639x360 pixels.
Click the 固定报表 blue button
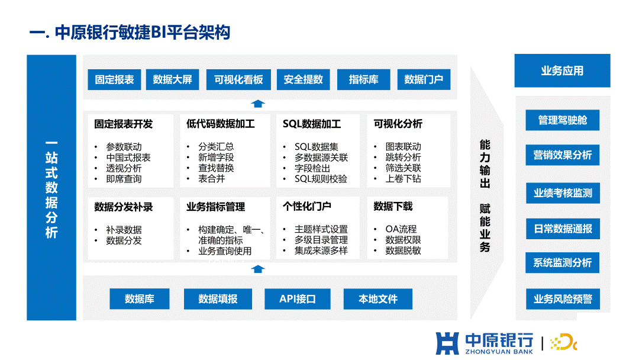pyautogui.click(x=114, y=79)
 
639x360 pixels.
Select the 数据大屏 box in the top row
pyautogui.click(x=172, y=79)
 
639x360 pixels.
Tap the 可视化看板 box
pyautogui.click(x=238, y=79)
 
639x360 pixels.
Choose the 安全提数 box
pyautogui.click(x=303, y=79)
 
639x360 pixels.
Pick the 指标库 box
pyautogui.click(x=363, y=79)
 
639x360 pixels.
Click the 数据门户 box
pyautogui.click(x=424, y=79)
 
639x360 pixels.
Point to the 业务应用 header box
pyautogui.click(x=563, y=70)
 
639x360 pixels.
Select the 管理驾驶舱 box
pyautogui.click(x=563, y=120)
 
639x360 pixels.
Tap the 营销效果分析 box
pyautogui.click(x=563, y=155)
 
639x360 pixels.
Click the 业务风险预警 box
pyautogui.click(x=563, y=299)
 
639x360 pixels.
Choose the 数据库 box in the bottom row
pyautogui.click(x=140, y=299)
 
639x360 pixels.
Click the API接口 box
pyautogui.click(x=298, y=299)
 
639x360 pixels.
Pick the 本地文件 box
pyautogui.click(x=377, y=299)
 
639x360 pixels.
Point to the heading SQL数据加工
pyautogui.click(x=312, y=124)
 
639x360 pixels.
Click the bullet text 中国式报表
pyautogui.click(x=128, y=157)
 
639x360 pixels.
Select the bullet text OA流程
pyautogui.click(x=401, y=229)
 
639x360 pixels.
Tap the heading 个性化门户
pyautogui.click(x=307, y=206)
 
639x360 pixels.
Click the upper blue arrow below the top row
pyautogui.click(x=257, y=104)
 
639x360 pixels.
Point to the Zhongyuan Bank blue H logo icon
pyautogui.click(x=447, y=343)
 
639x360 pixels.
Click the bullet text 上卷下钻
pyautogui.click(x=403, y=179)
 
